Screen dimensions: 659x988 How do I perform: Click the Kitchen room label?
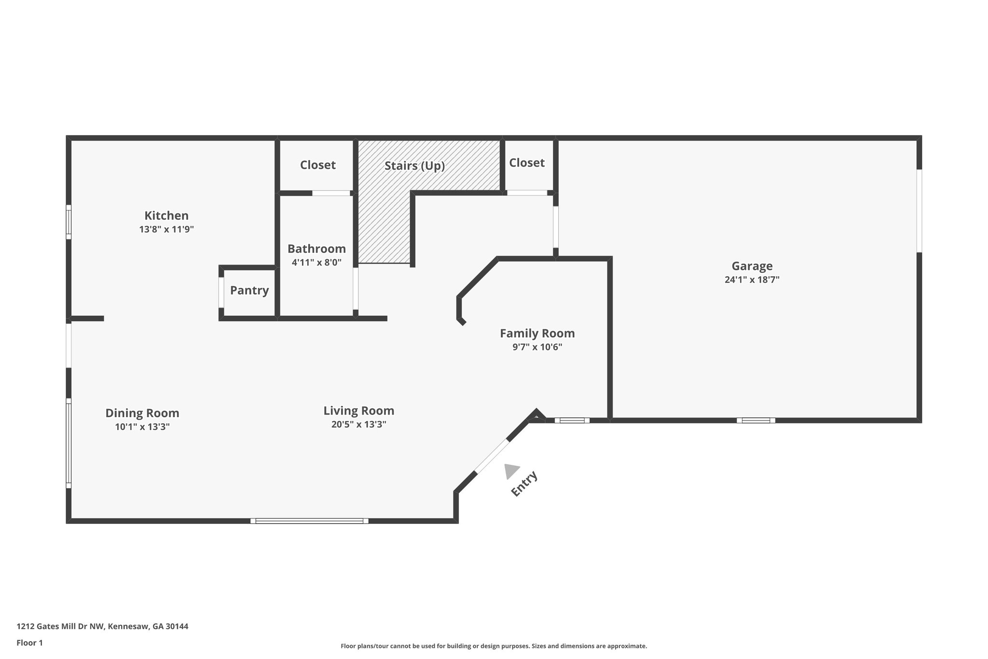tap(166, 215)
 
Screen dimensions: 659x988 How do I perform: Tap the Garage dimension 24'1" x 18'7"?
tap(752, 280)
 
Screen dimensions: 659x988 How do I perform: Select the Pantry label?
tap(249, 290)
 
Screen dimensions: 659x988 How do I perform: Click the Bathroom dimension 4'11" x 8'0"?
tap(316, 263)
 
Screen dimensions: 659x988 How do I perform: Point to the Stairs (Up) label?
tap(414, 166)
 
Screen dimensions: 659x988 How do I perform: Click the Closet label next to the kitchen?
tap(317, 165)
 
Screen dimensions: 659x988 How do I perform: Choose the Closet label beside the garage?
tap(526, 163)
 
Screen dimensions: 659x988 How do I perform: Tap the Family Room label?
tap(537, 333)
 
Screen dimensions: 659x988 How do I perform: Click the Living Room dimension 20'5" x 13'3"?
tap(358, 424)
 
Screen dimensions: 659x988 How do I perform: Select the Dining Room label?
tap(142, 413)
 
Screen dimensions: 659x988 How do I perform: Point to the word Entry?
tap(524, 483)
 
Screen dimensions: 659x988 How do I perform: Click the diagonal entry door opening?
tap(492, 456)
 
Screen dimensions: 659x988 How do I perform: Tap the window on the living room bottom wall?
tap(309, 521)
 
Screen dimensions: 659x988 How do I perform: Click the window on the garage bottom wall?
tap(755, 421)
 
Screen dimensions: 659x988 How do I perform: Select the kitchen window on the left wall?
tap(69, 222)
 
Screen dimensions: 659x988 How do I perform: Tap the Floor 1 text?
tap(29, 643)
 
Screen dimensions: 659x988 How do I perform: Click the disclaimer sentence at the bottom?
tap(494, 646)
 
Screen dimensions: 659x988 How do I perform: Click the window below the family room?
tap(572, 421)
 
